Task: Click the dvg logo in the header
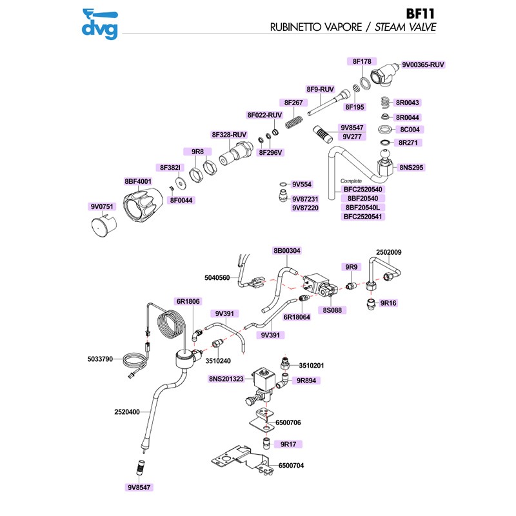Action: (x=100, y=22)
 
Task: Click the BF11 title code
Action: (x=420, y=14)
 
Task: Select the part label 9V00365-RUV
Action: (x=423, y=64)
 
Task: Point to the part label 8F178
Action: (x=362, y=61)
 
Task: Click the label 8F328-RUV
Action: (x=230, y=134)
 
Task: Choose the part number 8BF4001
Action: (x=137, y=182)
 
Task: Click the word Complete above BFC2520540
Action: (x=352, y=181)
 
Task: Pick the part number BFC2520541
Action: (x=362, y=217)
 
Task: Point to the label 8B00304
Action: (x=287, y=250)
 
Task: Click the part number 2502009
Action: (x=389, y=252)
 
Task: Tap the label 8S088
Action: (x=335, y=310)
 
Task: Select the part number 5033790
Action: (x=101, y=359)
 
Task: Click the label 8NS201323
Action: (x=226, y=379)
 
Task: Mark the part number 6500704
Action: (x=291, y=465)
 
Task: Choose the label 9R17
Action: (x=288, y=444)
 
